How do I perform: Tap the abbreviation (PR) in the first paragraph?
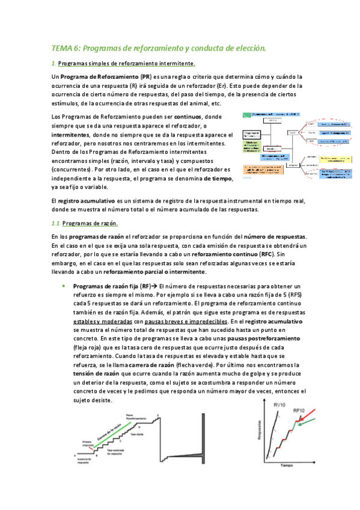pyautogui.click(x=145, y=78)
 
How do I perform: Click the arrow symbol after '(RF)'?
pyautogui.click(x=154, y=287)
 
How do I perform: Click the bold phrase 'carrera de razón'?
pyautogui.click(x=164, y=366)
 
